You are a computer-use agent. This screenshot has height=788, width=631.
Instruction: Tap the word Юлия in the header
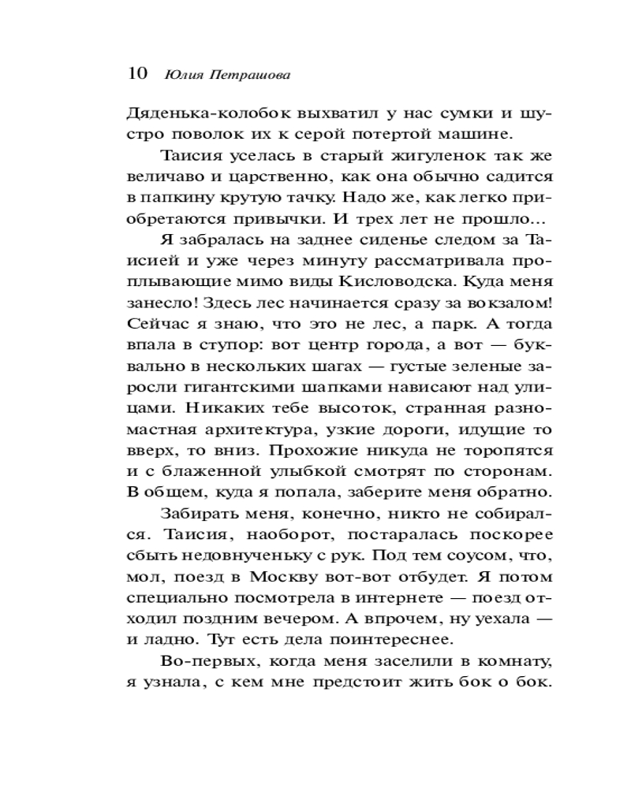[181, 75]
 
